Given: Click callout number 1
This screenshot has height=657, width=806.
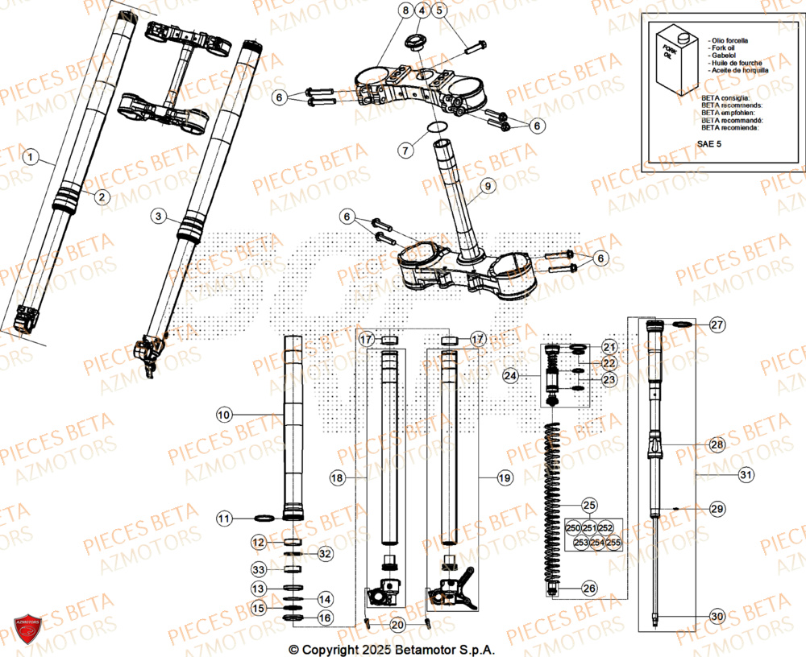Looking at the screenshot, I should click(x=30, y=158).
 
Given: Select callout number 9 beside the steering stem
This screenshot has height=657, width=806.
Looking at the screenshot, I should click(x=486, y=187).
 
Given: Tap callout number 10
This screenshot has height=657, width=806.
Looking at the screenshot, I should click(x=224, y=415).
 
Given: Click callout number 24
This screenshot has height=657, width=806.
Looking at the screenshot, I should click(x=509, y=375).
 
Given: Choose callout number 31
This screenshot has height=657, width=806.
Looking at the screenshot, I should click(x=746, y=476).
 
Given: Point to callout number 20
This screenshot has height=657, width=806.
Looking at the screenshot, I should click(x=397, y=625).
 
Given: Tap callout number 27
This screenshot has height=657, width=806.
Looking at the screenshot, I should click(x=717, y=324).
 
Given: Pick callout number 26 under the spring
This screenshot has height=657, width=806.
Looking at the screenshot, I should click(x=589, y=589).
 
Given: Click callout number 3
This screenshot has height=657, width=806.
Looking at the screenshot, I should click(x=159, y=217).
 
